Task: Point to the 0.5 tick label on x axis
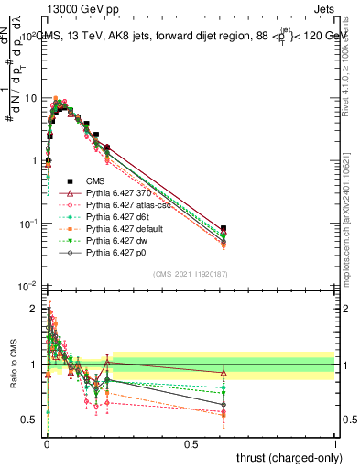191,443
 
